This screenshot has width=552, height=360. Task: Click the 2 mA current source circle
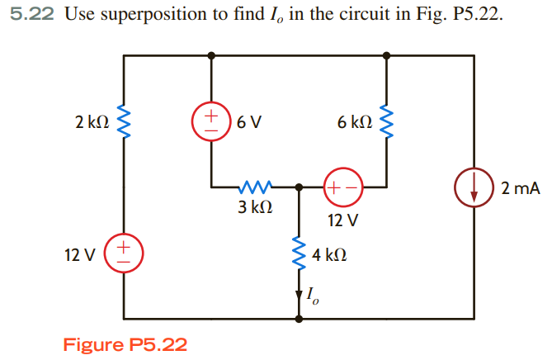[474, 188]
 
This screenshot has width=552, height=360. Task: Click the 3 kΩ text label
[255, 207]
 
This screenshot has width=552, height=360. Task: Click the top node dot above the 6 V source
[211, 55]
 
